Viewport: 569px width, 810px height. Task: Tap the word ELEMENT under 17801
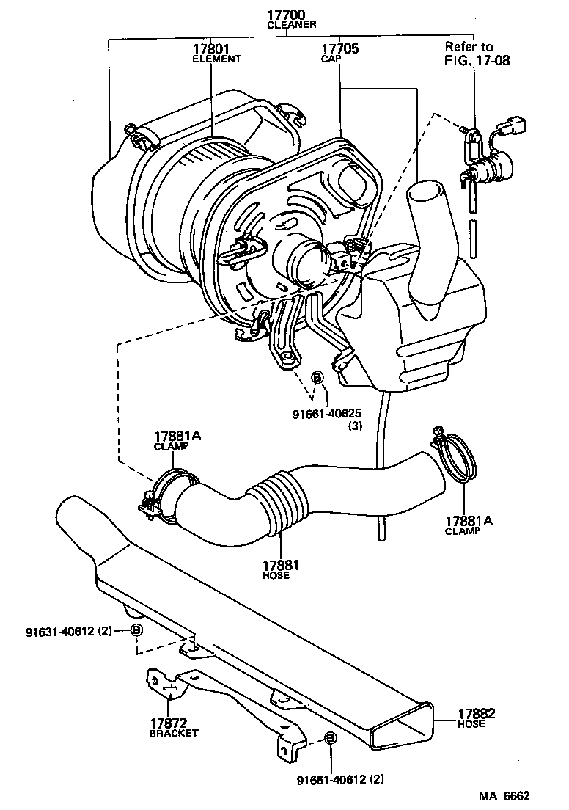tap(216, 59)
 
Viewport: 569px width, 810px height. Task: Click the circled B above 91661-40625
tap(318, 377)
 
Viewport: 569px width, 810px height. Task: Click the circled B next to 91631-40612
tap(136, 630)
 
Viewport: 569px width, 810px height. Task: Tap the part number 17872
tap(169, 723)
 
